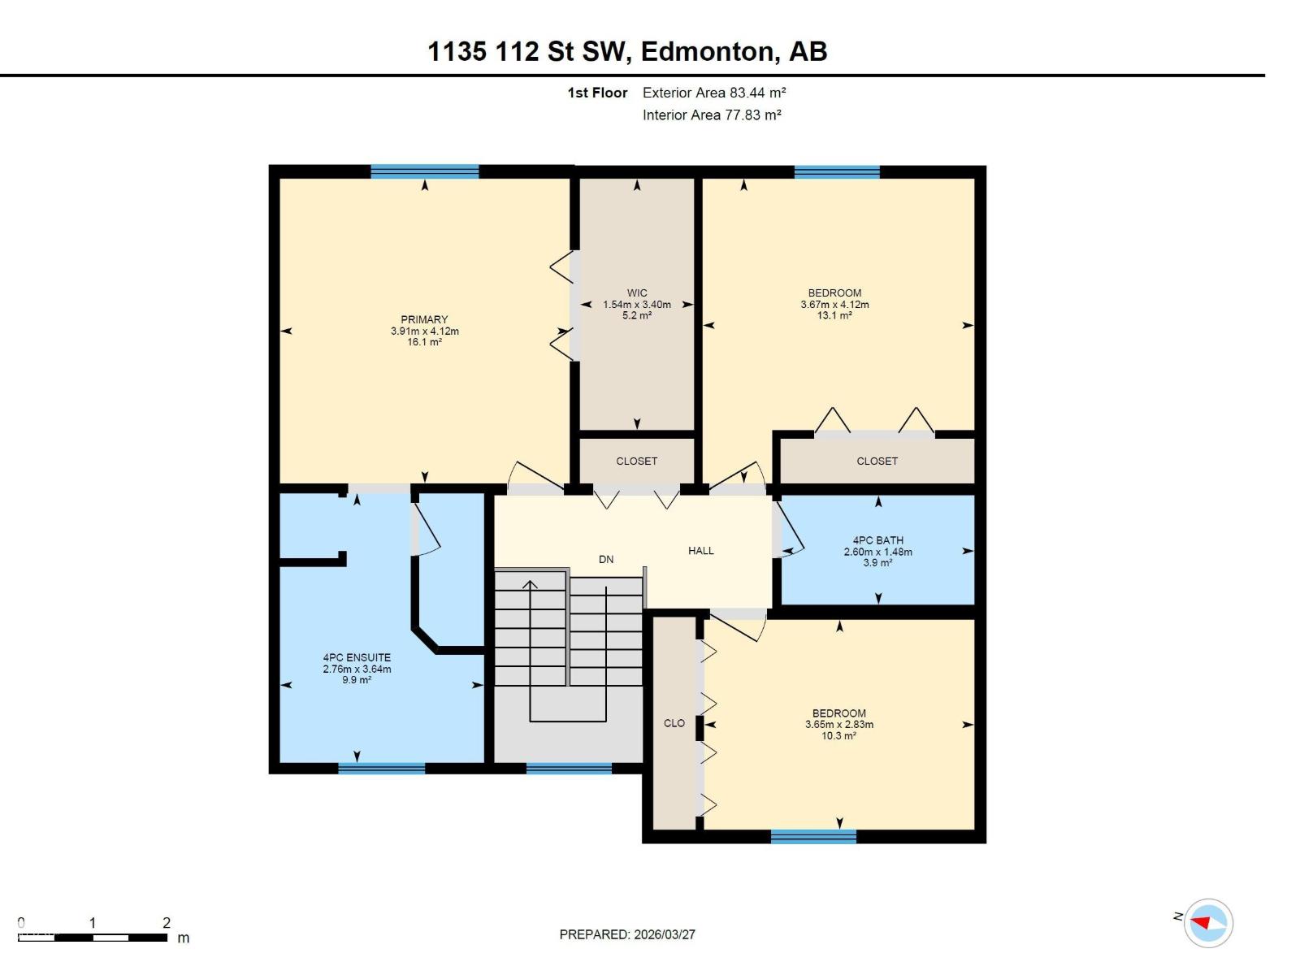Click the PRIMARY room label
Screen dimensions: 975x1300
coord(424,319)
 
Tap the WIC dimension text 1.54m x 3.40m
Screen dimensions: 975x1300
coord(637,305)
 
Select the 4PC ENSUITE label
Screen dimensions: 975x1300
coord(357,657)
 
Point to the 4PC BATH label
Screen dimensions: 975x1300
coord(877,540)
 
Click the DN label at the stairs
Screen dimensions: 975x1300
coord(606,559)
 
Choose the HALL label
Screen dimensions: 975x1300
coord(700,550)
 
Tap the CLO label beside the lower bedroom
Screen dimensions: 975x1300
coord(674,722)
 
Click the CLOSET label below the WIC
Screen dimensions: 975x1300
coord(636,461)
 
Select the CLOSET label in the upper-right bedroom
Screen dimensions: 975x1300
coord(877,461)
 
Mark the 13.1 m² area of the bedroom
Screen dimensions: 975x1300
coord(834,315)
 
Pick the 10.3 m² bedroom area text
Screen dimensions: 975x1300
coord(838,735)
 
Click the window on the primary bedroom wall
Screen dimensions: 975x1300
coord(424,171)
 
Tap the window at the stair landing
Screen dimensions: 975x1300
coord(569,768)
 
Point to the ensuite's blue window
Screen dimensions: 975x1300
coord(381,768)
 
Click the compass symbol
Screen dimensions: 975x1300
coord(1208,923)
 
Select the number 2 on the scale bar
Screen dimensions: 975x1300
coord(167,922)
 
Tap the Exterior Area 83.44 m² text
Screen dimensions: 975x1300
coord(713,93)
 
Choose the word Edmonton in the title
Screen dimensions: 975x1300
coord(706,51)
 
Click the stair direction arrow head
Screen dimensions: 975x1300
coord(531,583)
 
